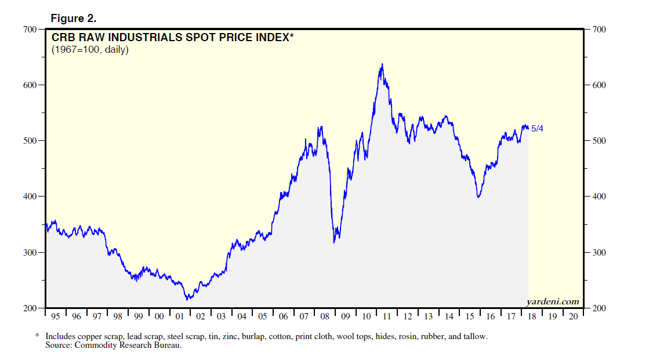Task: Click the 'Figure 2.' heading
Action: tap(73, 18)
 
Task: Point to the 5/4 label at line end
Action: tap(537, 129)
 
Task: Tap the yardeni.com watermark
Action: tap(552, 301)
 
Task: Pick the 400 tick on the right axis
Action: tap(599, 197)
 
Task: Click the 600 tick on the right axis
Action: tap(599, 85)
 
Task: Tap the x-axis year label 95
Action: tap(55, 317)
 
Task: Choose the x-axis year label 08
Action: tap(325, 317)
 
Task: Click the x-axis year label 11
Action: tap(387, 317)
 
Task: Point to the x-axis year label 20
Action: tap(573, 317)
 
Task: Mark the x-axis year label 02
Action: tap(201, 317)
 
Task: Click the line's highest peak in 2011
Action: tap(382, 64)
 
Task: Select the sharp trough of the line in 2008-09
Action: tap(335, 242)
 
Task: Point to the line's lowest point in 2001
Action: tap(187, 299)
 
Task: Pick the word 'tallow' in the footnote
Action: tap(475, 336)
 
